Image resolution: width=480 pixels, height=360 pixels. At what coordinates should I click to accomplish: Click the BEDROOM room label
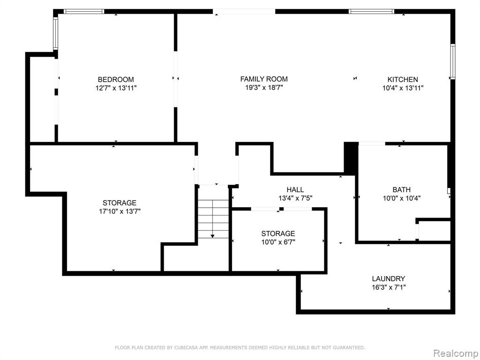(x=116, y=80)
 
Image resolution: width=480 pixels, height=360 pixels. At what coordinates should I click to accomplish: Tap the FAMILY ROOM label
(x=264, y=79)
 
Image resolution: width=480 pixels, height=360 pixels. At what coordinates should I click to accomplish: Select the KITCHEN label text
(x=403, y=80)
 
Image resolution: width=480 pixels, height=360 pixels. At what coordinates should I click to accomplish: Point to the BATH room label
(x=401, y=190)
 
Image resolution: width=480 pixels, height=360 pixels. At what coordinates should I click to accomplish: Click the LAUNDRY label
(x=389, y=279)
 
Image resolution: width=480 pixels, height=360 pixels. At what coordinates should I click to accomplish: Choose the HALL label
(x=295, y=190)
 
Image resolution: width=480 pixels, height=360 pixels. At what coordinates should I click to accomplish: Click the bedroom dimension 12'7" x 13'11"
(x=116, y=88)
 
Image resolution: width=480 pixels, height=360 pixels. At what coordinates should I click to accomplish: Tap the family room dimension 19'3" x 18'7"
(x=264, y=88)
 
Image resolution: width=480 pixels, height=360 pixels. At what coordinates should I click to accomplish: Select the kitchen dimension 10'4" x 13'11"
(x=403, y=88)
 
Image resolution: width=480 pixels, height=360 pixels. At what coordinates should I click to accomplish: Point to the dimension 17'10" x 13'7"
(x=120, y=211)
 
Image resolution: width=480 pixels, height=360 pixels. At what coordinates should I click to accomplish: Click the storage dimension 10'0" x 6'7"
(x=278, y=242)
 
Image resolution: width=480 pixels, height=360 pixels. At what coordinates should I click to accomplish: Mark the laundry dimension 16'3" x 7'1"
(x=389, y=287)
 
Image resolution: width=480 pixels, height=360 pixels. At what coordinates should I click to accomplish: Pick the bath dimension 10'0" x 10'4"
(x=401, y=198)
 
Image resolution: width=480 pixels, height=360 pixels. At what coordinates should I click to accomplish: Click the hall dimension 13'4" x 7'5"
(x=295, y=198)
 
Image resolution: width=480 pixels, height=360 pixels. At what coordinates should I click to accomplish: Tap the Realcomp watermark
(x=456, y=353)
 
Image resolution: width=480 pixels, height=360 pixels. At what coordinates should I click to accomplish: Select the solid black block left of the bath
(x=351, y=157)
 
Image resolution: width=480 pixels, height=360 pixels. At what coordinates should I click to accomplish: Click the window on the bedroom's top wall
(x=84, y=12)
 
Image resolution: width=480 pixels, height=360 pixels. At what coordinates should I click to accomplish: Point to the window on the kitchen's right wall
(x=452, y=61)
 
